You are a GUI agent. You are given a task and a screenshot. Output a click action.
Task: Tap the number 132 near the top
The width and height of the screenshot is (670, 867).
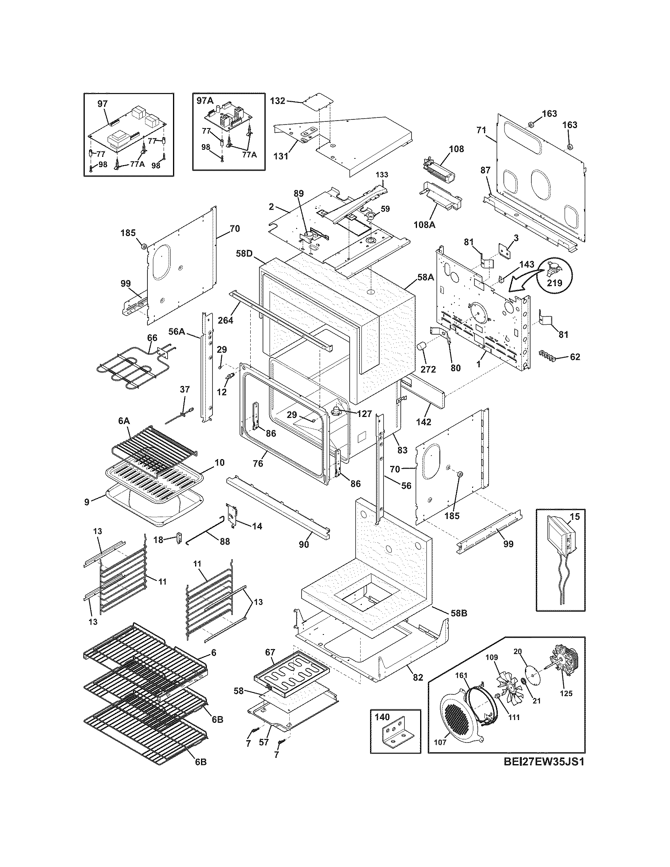click(x=277, y=101)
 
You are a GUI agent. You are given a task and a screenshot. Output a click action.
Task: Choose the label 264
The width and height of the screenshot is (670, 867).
click(x=225, y=320)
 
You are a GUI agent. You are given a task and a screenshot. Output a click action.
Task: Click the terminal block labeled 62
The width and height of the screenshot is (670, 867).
click(x=548, y=354)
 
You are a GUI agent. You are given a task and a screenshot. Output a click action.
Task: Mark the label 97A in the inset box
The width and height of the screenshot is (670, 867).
click(x=205, y=101)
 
